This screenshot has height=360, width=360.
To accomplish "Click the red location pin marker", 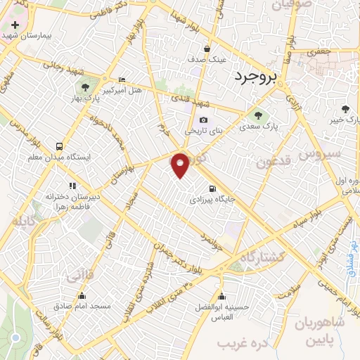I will click(181, 165).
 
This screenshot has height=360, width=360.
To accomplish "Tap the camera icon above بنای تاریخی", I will click(204, 120).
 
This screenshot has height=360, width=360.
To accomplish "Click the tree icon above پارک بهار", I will click(85, 88).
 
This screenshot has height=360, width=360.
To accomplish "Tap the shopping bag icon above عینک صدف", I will click(207, 49).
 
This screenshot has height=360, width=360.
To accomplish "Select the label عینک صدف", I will click(207, 60).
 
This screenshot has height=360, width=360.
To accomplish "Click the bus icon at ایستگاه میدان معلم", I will click(60, 146).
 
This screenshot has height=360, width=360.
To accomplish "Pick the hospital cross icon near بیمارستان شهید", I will click(15, 25).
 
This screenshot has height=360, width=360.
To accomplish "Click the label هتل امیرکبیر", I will click(122, 90).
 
